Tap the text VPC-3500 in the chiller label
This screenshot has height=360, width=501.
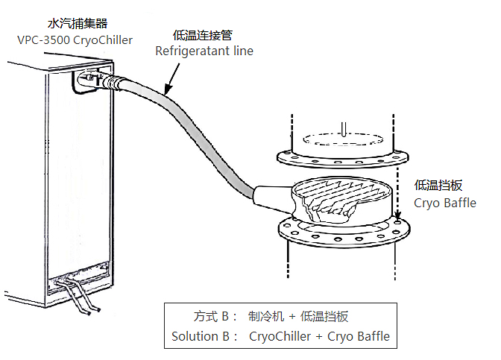pos(43,40)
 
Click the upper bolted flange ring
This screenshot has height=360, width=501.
pos(343,157)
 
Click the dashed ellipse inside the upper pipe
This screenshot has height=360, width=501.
pos(341,138)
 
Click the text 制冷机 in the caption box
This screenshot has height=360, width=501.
pos(265,316)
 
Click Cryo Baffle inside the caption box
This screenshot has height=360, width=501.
pos(359,336)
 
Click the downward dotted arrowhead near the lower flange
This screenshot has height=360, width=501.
pos(397,221)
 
